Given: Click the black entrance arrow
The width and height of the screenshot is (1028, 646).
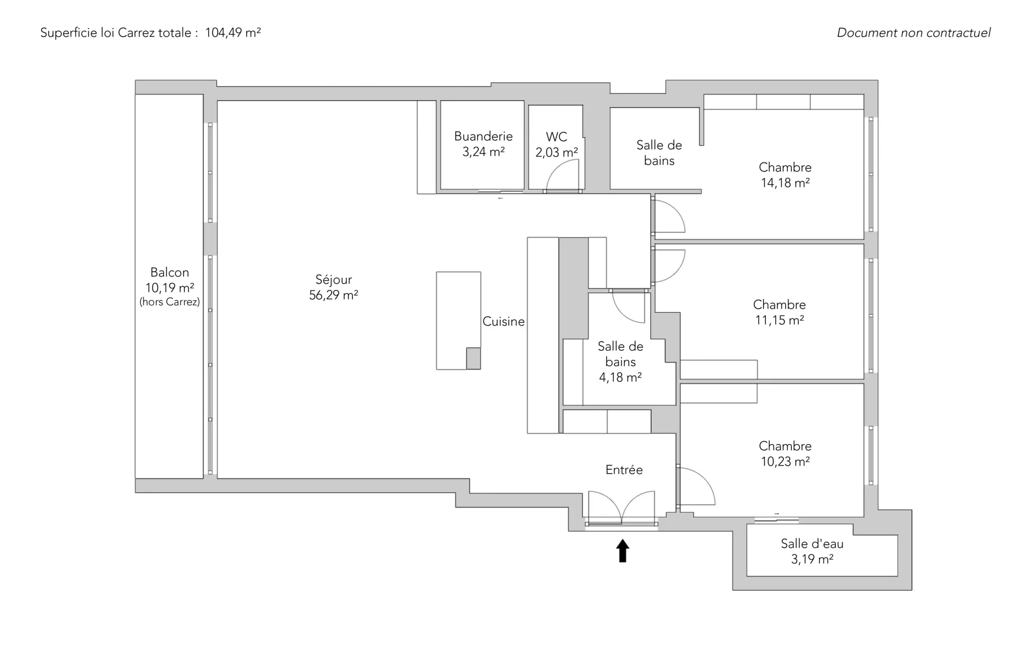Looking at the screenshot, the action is point(622,551).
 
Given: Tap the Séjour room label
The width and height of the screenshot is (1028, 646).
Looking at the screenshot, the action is point(334,280).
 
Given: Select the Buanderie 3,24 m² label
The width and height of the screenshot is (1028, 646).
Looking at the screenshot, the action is point(483,144).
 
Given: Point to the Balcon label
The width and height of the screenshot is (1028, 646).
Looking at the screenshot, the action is point(170,272).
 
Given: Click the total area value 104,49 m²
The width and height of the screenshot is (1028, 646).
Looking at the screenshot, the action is point(233,33).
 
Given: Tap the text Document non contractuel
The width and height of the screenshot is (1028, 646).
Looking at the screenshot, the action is point(914,33).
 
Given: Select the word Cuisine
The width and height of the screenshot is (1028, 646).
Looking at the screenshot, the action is point(503,321).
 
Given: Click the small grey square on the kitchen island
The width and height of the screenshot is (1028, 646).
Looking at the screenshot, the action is point(473,358).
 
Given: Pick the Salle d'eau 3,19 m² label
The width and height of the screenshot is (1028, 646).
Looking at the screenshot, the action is point(812,551).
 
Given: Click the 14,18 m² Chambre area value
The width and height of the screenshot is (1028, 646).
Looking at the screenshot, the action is point(785,183).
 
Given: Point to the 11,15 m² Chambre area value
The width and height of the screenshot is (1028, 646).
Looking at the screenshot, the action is point(780,320).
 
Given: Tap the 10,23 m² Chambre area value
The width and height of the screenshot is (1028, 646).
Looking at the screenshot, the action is point(785,461).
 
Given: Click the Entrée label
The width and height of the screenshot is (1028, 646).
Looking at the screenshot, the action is point(624,470).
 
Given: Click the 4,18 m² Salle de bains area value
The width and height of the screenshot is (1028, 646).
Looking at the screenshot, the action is point(621,378).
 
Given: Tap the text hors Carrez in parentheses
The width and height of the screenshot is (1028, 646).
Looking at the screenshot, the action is point(170,302).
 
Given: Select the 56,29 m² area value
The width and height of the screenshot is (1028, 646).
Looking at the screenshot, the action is point(334,295).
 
